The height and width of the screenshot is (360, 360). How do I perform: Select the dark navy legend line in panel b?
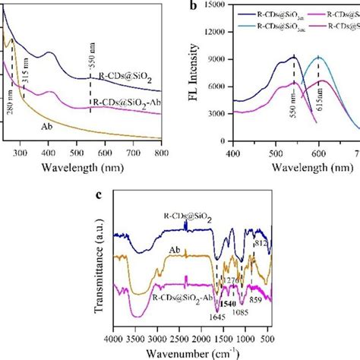tap(245, 13)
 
